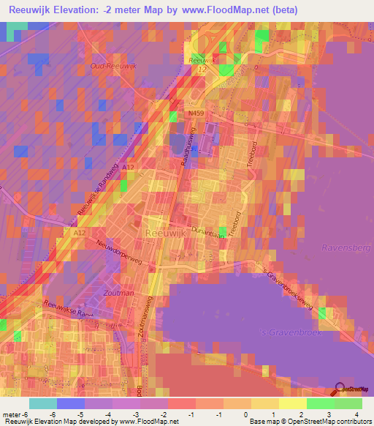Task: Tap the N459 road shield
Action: (195, 114)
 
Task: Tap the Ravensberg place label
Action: (346, 248)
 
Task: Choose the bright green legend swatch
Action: (321, 403)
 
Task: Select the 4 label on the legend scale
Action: (356, 414)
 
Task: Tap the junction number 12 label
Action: (202, 69)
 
